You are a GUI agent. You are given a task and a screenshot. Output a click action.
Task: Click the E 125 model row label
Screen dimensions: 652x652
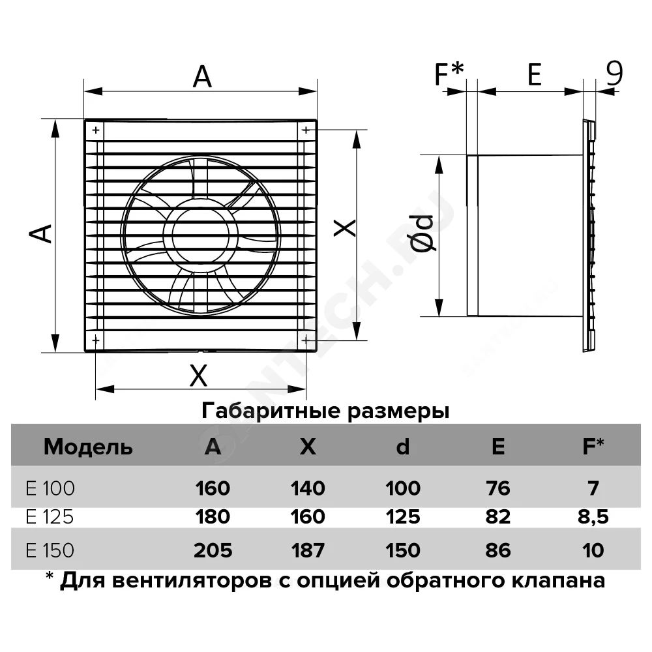coord(50,517)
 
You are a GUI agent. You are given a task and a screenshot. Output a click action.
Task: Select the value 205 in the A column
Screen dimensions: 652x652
coord(213,550)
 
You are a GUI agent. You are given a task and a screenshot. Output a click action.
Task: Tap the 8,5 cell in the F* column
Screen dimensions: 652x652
coord(593,518)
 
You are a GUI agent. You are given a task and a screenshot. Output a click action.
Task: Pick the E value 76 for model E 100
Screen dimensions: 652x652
coord(497,488)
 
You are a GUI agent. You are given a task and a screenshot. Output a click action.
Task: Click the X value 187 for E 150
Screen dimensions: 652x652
coord(308,550)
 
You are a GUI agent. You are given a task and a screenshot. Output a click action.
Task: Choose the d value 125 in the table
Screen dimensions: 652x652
coord(403,517)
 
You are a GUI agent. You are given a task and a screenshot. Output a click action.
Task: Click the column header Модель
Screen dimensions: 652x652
coord(88,447)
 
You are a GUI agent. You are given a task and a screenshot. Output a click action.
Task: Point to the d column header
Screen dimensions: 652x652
coord(402,447)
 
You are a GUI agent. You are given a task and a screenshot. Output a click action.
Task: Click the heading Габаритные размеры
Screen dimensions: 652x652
coord(325,411)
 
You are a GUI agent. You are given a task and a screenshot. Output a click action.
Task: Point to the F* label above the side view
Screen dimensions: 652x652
coord(449,74)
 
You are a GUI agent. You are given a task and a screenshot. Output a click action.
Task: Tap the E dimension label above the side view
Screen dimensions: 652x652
coord(535,74)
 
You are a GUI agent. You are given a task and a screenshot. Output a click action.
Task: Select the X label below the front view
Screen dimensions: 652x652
coord(198,376)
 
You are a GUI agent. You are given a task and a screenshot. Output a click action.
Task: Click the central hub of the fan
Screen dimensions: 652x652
coord(201,235)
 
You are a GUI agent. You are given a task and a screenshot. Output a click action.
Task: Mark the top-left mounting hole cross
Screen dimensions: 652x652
coord(96,130)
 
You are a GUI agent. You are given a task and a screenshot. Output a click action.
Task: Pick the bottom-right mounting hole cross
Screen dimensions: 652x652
coord(306,341)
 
